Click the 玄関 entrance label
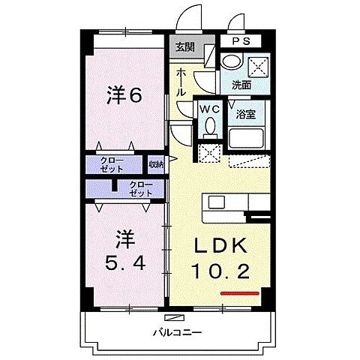coord(184,46)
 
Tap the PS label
coord(240,41)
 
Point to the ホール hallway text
coord(182,81)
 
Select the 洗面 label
coord(241,85)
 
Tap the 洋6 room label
coord(124,95)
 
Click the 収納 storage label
coord(155,164)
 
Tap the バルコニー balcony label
coord(178,331)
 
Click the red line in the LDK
coord(240,292)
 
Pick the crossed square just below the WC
coord(208,153)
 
